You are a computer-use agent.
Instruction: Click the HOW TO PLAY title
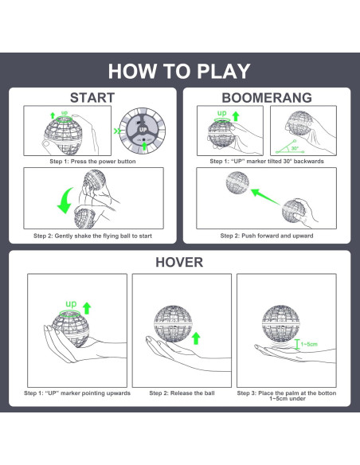[x=179, y=71]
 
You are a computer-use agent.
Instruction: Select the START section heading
[x=92, y=98]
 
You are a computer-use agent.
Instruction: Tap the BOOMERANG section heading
[x=267, y=98]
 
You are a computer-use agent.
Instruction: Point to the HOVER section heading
[x=179, y=262]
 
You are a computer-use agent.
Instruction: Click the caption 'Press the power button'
[x=103, y=162]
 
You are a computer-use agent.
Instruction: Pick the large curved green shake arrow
[x=64, y=201]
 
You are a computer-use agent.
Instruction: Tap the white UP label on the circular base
[x=143, y=130]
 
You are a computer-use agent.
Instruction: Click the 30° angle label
[x=295, y=148]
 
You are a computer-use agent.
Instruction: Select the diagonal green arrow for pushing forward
[x=265, y=197]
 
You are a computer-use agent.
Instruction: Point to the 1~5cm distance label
[x=309, y=344]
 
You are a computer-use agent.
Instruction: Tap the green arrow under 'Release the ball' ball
[x=196, y=338]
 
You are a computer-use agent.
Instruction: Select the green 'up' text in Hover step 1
[x=71, y=303]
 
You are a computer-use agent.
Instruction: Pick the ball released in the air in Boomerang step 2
[x=237, y=182]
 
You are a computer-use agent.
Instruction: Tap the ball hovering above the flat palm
[x=281, y=323]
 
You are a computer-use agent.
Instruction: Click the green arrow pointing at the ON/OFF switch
[x=144, y=146]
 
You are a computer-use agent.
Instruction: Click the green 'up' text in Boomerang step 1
[x=221, y=113]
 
